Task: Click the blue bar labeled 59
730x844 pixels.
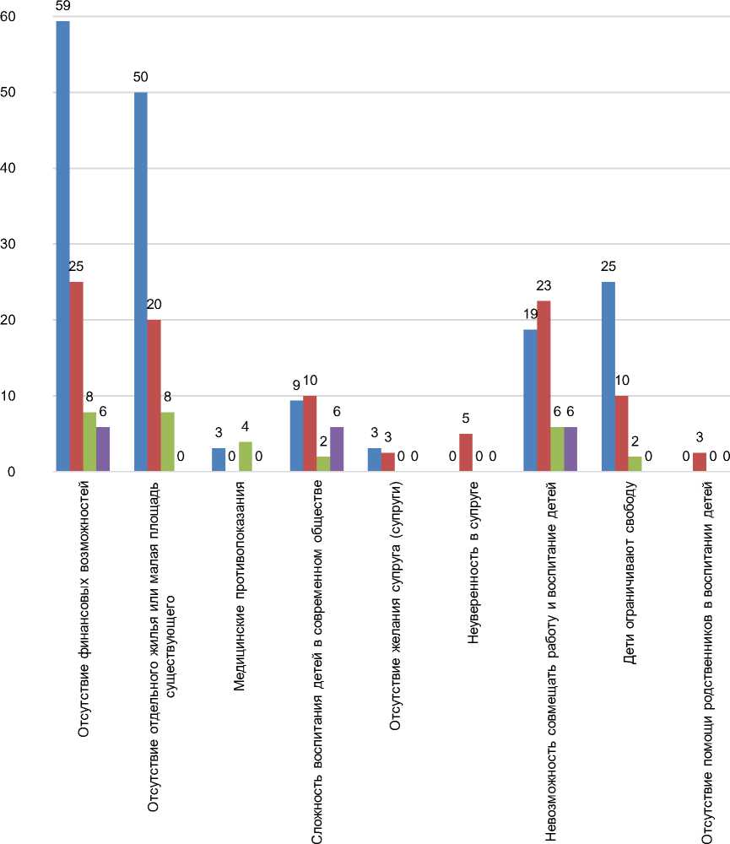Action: click(x=62, y=246)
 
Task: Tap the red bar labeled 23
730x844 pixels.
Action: click(x=543, y=386)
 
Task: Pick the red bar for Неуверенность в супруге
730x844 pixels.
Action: click(x=466, y=452)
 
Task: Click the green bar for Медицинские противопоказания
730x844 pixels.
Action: click(x=246, y=457)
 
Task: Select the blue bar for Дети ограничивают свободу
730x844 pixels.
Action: click(x=608, y=376)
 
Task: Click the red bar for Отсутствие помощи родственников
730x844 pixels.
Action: click(x=699, y=462)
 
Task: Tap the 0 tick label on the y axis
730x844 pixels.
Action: click(x=13, y=471)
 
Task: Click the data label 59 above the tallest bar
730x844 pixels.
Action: click(x=62, y=6)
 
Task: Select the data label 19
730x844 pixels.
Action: click(x=529, y=314)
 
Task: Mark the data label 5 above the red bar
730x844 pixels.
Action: click(x=466, y=418)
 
